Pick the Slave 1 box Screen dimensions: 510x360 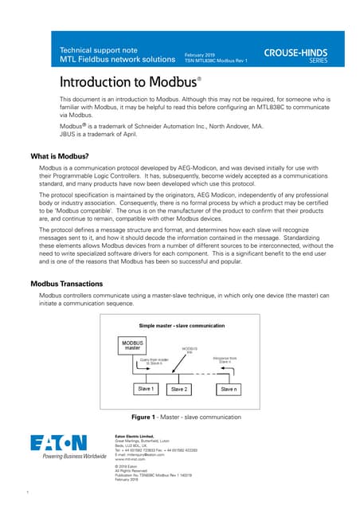[x=146, y=388]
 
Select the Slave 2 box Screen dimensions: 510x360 [x=179, y=389]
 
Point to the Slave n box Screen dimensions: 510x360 [x=229, y=389]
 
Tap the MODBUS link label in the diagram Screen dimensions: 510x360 [x=190, y=351]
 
